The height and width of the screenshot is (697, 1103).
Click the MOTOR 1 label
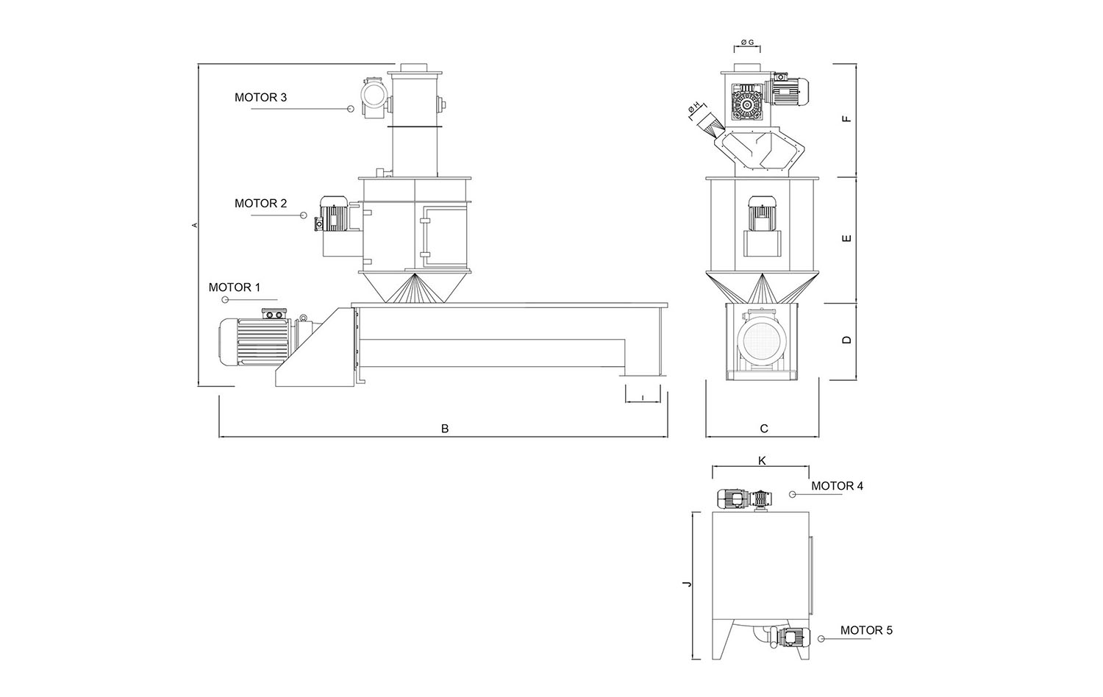[235, 287]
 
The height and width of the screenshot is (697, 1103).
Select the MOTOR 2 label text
[260, 204]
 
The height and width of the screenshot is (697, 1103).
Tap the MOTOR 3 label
[260, 97]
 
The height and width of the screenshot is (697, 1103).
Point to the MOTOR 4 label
[837, 486]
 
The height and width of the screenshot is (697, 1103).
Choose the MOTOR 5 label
[866, 630]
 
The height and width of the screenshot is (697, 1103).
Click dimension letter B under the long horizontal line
[445, 429]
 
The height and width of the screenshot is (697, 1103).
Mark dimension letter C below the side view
[764, 429]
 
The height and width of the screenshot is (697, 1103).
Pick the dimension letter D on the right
[847, 340]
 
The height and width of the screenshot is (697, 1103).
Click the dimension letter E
[847, 238]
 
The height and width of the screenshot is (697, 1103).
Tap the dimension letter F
[847, 118]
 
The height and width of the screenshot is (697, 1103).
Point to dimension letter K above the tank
[762, 460]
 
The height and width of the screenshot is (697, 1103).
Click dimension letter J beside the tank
[686, 585]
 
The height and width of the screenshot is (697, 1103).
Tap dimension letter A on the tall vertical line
[195, 224]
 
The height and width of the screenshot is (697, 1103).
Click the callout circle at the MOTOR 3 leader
[351, 109]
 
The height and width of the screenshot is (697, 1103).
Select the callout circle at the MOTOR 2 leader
[303, 215]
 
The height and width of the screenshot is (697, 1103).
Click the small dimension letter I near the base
[643, 398]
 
